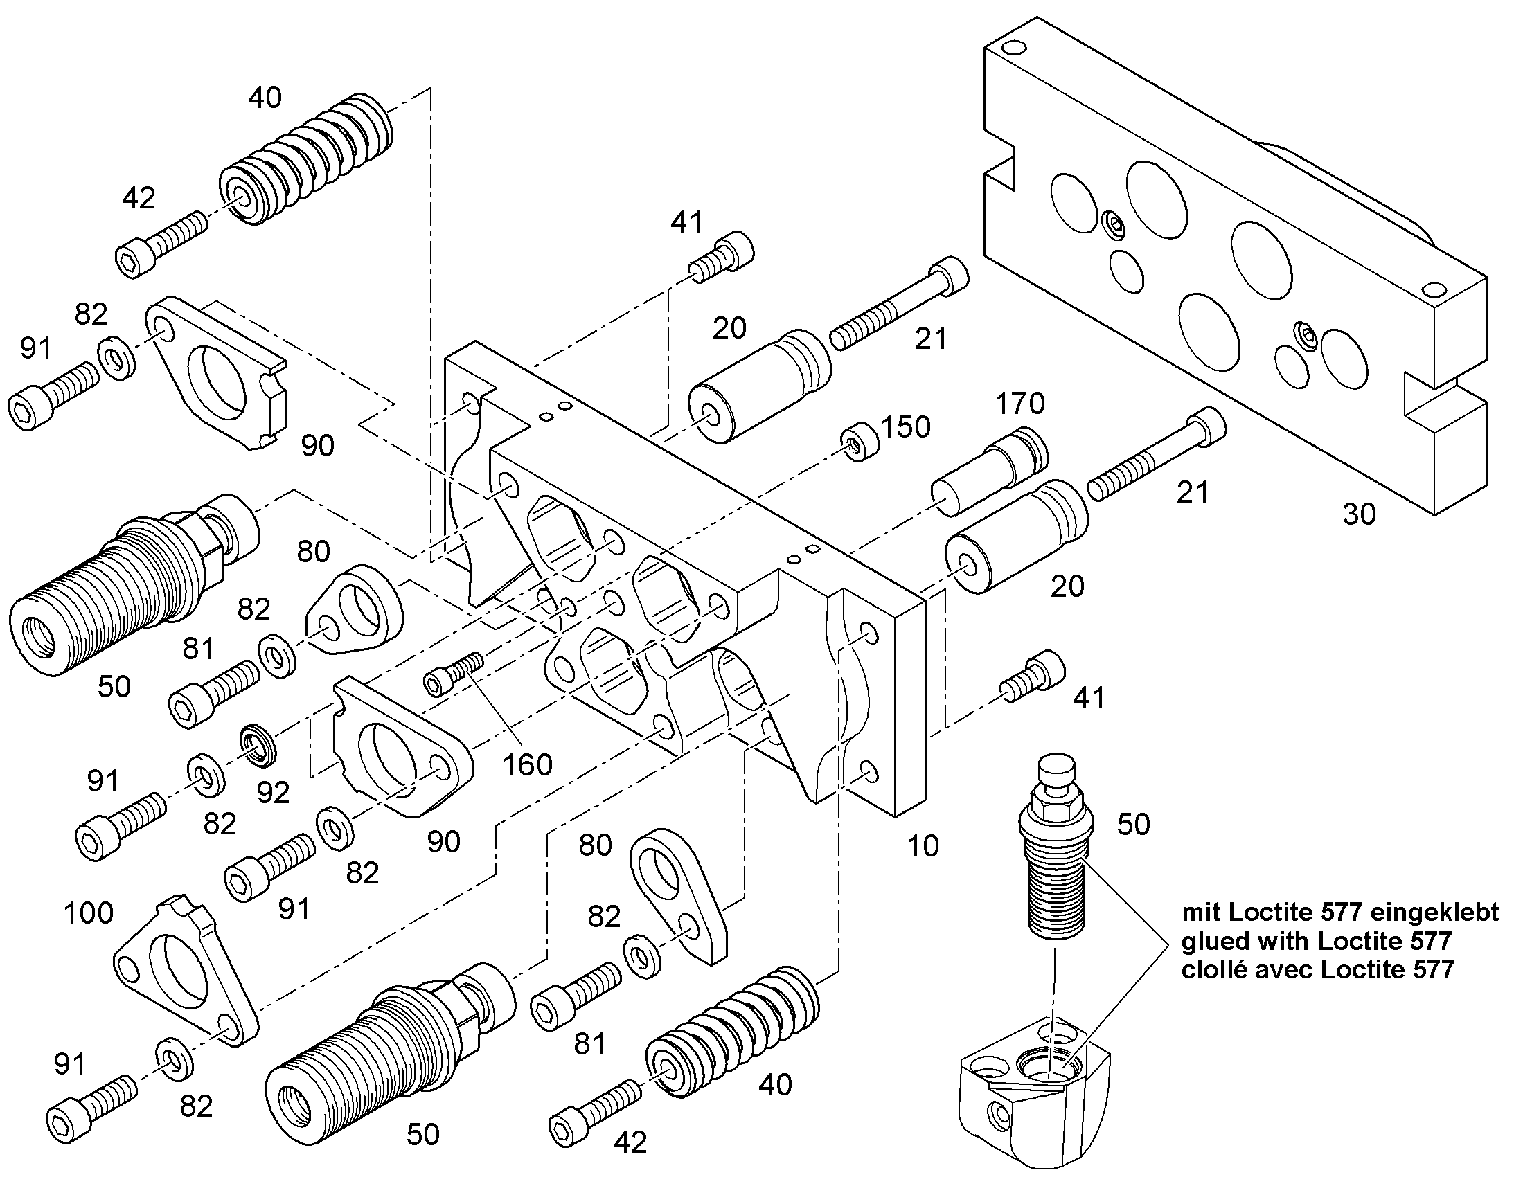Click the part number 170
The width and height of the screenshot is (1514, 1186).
[x=1019, y=404]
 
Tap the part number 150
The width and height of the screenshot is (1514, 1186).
[x=906, y=427]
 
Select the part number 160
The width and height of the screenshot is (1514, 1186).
[x=527, y=765]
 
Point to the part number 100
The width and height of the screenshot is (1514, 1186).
[x=88, y=913]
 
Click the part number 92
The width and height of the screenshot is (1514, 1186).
[x=273, y=792]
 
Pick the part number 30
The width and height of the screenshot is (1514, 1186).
[x=1359, y=514]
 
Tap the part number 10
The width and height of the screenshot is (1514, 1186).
[x=923, y=846]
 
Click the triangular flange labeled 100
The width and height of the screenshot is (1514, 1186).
[x=185, y=971]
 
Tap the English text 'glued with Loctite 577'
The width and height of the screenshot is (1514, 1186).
[x=1316, y=941]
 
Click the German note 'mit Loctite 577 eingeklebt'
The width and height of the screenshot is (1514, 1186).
[x=1340, y=911]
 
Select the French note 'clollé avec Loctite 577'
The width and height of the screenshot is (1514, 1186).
[x=1317, y=969]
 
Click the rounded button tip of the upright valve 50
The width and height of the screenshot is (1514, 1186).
[x=1056, y=770]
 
